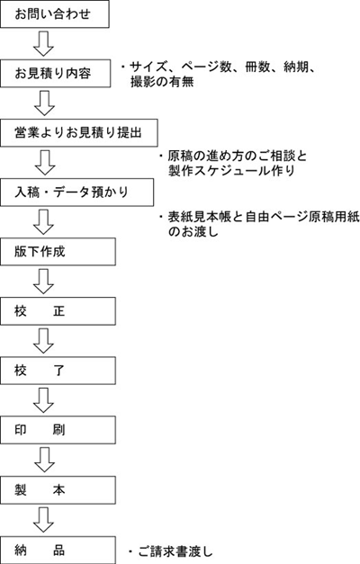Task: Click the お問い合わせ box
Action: click(x=55, y=14)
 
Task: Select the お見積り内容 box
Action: click(x=56, y=74)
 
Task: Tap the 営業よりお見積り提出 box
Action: click(x=79, y=133)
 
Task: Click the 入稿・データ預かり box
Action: click(x=77, y=192)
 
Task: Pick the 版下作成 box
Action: click(x=58, y=252)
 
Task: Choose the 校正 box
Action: click(x=58, y=311)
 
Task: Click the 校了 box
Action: click(x=58, y=371)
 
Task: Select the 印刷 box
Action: click(x=58, y=430)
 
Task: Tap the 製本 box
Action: click(x=58, y=490)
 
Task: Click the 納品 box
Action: click(x=58, y=550)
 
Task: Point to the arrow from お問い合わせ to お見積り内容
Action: click(x=43, y=44)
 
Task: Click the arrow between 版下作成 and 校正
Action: click(x=43, y=282)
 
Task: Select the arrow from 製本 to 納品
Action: click(x=43, y=520)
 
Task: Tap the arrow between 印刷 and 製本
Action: click(x=44, y=460)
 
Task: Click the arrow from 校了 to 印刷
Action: click(x=43, y=400)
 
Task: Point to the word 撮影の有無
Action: click(x=162, y=82)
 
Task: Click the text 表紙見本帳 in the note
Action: click(x=200, y=217)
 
